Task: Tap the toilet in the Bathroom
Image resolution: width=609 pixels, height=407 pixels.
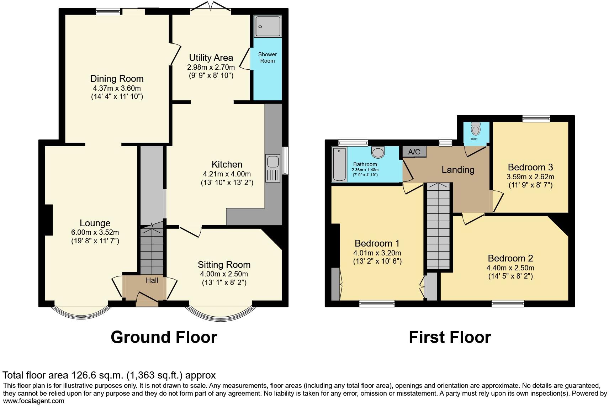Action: pyautogui.click(x=378, y=152)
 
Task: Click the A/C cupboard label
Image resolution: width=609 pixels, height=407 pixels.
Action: pyautogui.click(x=414, y=152)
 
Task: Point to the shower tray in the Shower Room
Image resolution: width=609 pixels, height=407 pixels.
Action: pyautogui.click(x=268, y=26)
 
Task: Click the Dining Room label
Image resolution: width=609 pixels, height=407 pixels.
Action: pyautogui.click(x=117, y=79)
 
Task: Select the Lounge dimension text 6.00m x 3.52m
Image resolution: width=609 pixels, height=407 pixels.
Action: pyautogui.click(x=95, y=232)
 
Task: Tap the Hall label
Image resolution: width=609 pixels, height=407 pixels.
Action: pyautogui.click(x=152, y=280)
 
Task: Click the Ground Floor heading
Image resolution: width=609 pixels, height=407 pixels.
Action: pyautogui.click(x=164, y=337)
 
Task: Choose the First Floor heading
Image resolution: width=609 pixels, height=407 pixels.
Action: pyautogui.click(x=450, y=337)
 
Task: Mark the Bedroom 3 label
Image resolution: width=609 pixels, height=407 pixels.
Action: pyautogui.click(x=530, y=167)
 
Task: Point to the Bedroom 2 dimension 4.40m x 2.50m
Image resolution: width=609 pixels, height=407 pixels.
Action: pyautogui.click(x=510, y=268)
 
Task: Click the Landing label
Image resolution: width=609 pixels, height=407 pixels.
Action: pyautogui.click(x=458, y=170)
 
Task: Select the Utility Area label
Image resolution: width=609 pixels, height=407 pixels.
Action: pyautogui.click(x=211, y=58)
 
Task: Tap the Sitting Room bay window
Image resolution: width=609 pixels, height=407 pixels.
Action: pyautogui.click(x=221, y=313)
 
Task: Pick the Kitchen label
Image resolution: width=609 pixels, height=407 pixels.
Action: pyautogui.click(x=227, y=164)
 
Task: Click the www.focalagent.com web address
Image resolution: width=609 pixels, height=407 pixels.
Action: pyautogui.click(x=33, y=401)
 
